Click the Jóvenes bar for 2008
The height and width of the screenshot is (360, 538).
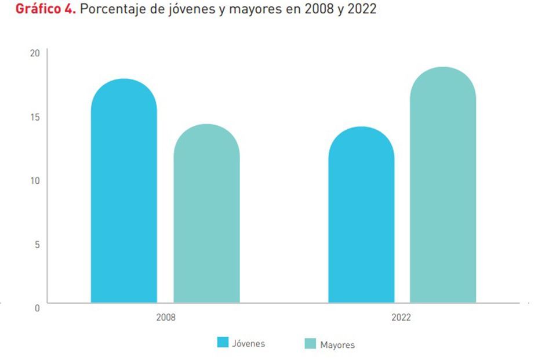pos(123,191)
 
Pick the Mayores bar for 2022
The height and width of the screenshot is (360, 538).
pos(443,186)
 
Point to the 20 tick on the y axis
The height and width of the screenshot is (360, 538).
pos(35,53)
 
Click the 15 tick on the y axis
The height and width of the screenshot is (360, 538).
pos(35,117)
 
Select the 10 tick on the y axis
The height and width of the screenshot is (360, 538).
pos(35,180)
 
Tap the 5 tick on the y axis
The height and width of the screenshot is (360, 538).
pos(37,244)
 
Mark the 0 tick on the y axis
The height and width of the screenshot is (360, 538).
pos(37,308)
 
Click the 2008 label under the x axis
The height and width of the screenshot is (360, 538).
pos(166,318)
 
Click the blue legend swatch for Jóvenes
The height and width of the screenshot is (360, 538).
pos(223,343)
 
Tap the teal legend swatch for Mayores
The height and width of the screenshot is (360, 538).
pos(310,344)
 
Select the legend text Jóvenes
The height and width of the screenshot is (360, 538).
pos(248,343)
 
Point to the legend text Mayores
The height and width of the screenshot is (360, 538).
pos(337,344)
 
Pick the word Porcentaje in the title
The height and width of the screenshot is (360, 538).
pos(112,10)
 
